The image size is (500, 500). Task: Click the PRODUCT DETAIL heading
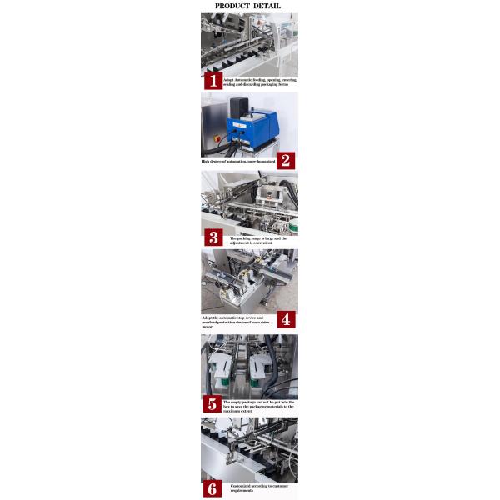pyautogui.click(x=247, y=6)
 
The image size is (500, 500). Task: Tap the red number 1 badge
pyautogui.click(x=212, y=81)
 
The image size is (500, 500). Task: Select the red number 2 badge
pyautogui.click(x=285, y=160)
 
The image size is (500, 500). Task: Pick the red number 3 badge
pyautogui.click(x=212, y=238)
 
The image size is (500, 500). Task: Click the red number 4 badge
pyautogui.click(x=286, y=319)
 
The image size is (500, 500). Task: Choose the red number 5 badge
pyautogui.click(x=212, y=404)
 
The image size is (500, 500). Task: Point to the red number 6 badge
pyautogui.click(x=212, y=488)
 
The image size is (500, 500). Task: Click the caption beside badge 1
pyautogui.click(x=259, y=82)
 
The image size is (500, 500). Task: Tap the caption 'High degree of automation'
pyautogui.click(x=237, y=160)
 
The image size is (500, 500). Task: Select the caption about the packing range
pyautogui.click(x=258, y=240)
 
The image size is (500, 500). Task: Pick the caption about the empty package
pyautogui.click(x=258, y=404)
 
